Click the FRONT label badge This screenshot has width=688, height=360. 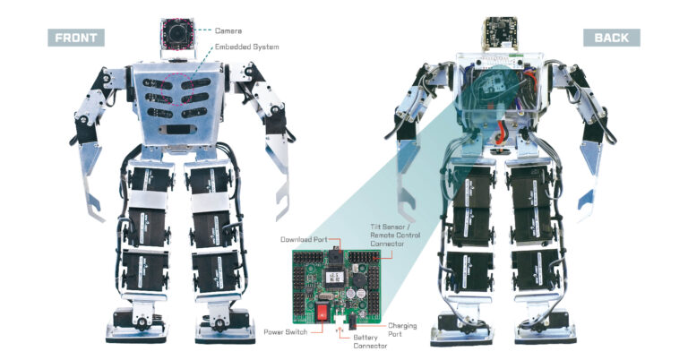point(76,38)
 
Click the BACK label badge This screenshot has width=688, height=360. point(611,38)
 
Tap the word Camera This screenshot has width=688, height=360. point(228,30)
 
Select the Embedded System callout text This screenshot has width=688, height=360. point(246,47)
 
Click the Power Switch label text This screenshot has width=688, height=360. point(286,332)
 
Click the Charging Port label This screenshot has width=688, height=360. point(403,330)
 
